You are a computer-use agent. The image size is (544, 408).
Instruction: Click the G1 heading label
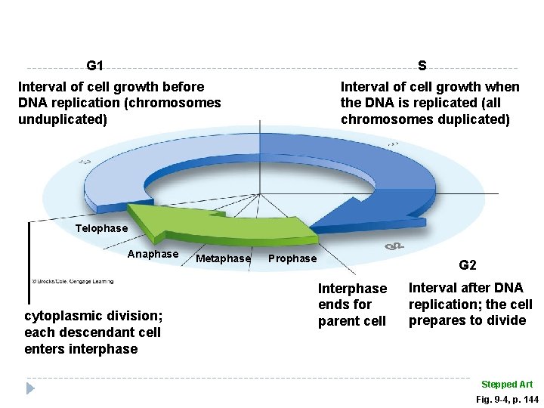pos(95,65)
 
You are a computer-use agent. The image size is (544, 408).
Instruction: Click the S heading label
pos(422,65)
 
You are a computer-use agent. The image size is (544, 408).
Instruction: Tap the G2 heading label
pos(468,265)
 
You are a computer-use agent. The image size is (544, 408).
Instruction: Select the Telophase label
pos(102,228)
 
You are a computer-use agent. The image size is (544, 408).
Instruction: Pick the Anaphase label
pos(153,254)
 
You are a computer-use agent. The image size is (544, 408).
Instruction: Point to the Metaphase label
pos(223,258)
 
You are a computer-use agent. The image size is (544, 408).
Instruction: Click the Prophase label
pos(293,258)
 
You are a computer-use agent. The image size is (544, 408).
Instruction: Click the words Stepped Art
pos(507,385)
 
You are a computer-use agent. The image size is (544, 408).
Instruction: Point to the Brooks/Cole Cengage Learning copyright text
pos(73,281)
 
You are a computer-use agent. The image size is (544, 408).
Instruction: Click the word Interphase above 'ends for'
pos(352,289)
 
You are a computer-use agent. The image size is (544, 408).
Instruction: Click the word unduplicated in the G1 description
pos(63,119)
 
